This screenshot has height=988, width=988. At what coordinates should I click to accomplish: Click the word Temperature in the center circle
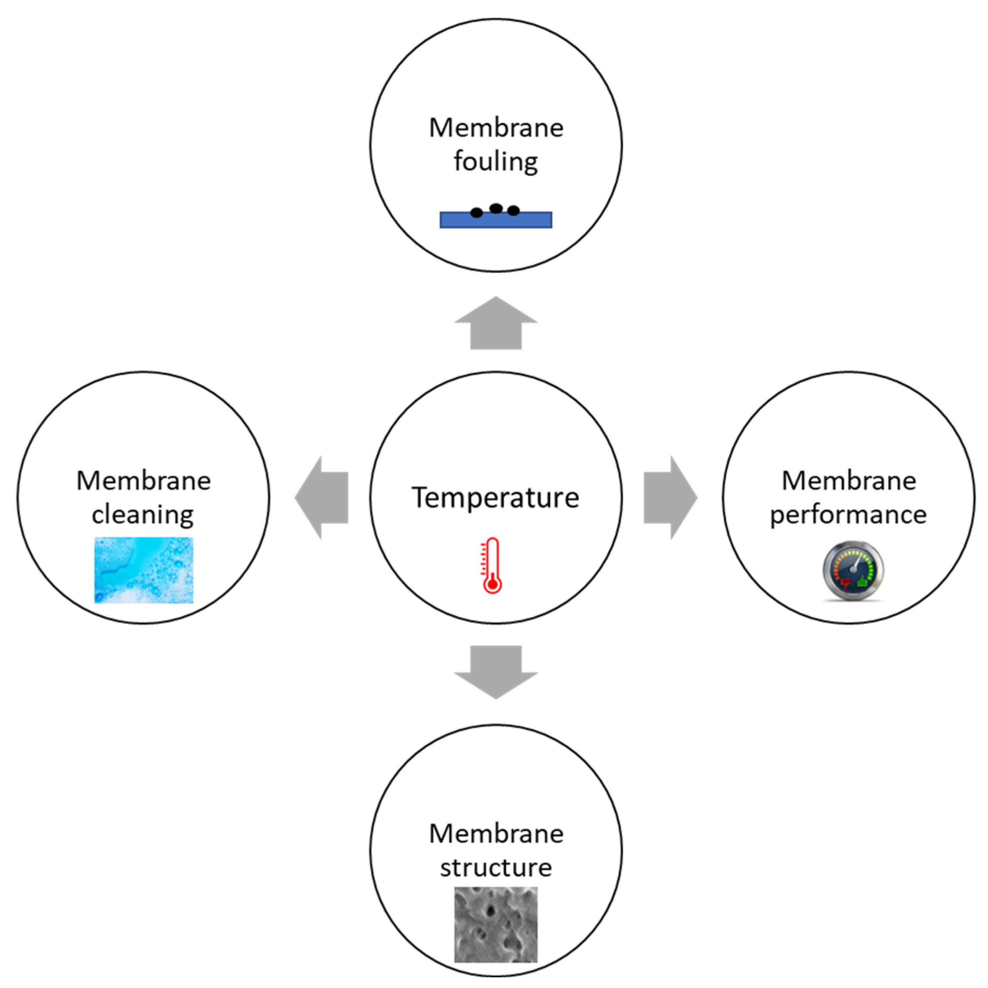pyautogui.click(x=495, y=497)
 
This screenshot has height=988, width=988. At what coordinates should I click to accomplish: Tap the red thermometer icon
pyautogui.click(x=492, y=565)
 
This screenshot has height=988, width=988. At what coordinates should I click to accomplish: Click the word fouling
pyautogui.click(x=496, y=162)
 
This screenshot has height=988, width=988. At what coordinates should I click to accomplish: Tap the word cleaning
pyautogui.click(x=143, y=514)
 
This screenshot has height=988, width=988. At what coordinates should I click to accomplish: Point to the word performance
pyautogui.click(x=848, y=514)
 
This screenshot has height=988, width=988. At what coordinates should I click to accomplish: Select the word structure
pyautogui.click(x=496, y=867)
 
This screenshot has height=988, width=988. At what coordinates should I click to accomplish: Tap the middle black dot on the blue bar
pyautogui.click(x=496, y=208)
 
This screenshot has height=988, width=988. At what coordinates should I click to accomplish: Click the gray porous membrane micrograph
pyautogui.click(x=496, y=925)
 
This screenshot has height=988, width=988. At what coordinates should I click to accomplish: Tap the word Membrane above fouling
pyautogui.click(x=496, y=128)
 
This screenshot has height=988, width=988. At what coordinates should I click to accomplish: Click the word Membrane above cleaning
pyautogui.click(x=143, y=481)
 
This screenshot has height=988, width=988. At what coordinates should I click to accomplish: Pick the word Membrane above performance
pyautogui.click(x=848, y=481)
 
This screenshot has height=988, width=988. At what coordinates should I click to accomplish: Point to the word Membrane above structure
pyautogui.click(x=496, y=834)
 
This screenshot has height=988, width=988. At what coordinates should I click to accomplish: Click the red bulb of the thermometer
pyautogui.click(x=492, y=584)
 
